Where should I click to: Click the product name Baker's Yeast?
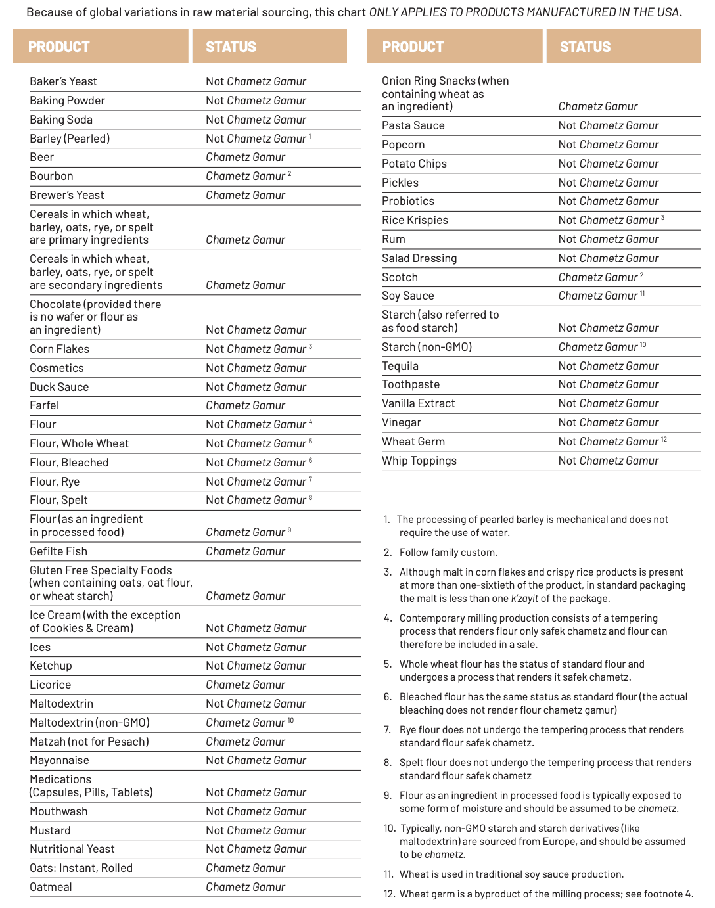pyautogui.click(x=63, y=81)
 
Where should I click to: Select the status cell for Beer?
pyautogui.click(x=245, y=157)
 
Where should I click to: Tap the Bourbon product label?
pyautogui.click(x=51, y=176)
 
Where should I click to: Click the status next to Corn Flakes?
pyautogui.click(x=256, y=349)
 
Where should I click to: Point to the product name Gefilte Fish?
pyautogui.click(x=58, y=551)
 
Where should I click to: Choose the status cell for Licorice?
pyautogui.click(x=245, y=685)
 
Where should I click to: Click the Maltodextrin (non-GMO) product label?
pyautogui.click(x=89, y=723)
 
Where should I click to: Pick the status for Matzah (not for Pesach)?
pyautogui.click(x=245, y=742)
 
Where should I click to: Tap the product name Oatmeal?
pyautogui.click(x=51, y=887)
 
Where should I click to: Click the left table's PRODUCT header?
pyautogui.click(x=58, y=47)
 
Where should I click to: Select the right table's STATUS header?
pyautogui.click(x=585, y=47)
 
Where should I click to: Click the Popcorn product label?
pyautogui.click(x=403, y=145)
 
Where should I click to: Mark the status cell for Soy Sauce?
pyautogui.click(x=598, y=296)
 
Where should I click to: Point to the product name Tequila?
pyautogui.click(x=400, y=366)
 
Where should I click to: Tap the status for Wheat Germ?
pyautogui.click(x=609, y=442)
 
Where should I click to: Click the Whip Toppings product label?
pyautogui.click(x=419, y=461)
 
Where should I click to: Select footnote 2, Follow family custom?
pyautogui.click(x=448, y=553)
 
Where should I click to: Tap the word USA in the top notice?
pyautogui.click(x=670, y=12)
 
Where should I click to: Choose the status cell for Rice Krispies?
pyautogui.click(x=609, y=220)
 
